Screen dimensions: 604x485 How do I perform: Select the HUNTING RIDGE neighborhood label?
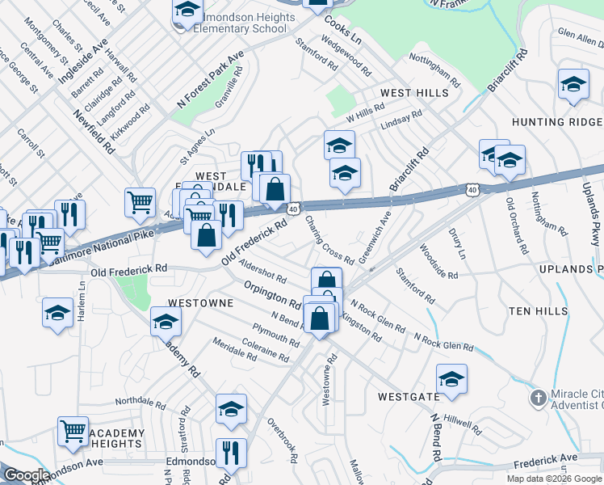[x=556, y=122]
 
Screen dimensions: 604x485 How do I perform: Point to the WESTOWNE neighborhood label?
[x=200, y=303]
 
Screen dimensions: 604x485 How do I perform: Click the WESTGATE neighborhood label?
[x=409, y=397]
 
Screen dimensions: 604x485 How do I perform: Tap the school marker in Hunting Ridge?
[x=573, y=85]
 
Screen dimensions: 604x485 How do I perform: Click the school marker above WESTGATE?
[x=451, y=378]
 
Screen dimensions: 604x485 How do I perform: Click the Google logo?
[x=27, y=475]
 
